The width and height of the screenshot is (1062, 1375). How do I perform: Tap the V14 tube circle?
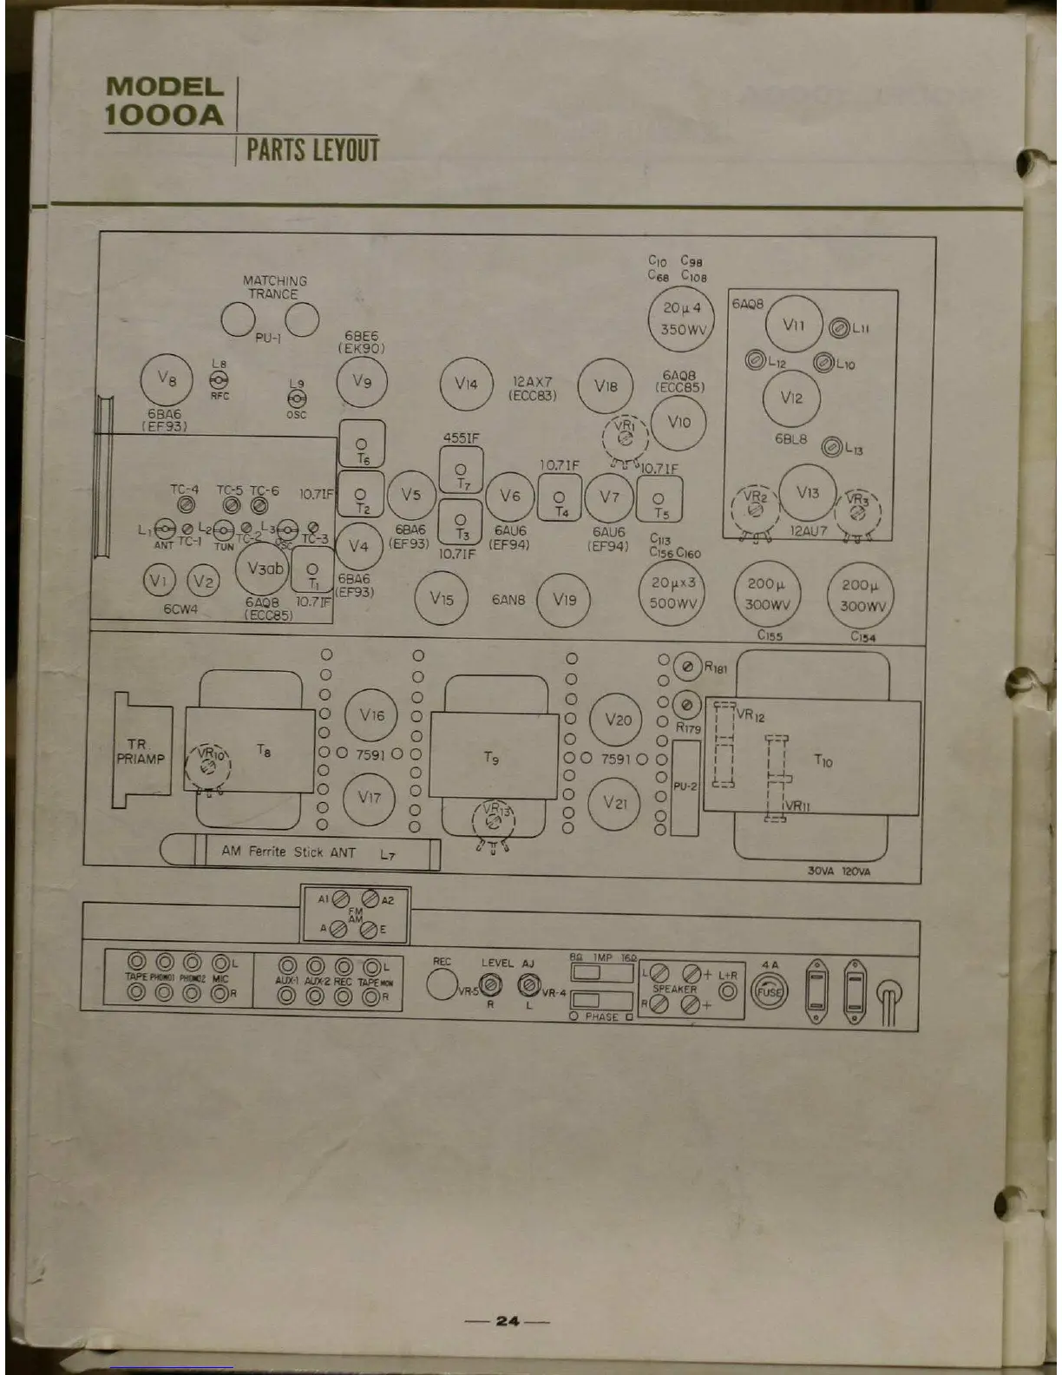click(466, 384)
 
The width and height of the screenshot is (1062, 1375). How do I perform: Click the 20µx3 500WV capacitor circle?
click(673, 593)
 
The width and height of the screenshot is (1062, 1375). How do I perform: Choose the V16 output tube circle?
click(371, 715)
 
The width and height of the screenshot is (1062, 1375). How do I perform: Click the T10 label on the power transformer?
click(823, 761)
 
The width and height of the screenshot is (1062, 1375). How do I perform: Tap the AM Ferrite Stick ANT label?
click(289, 852)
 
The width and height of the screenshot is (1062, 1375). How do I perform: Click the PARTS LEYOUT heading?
click(312, 149)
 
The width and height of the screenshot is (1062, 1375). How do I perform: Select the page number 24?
click(507, 1321)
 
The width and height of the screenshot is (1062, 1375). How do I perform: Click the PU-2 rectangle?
click(685, 786)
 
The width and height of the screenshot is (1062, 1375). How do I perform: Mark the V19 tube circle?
click(564, 599)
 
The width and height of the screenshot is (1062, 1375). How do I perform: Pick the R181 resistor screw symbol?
click(687, 668)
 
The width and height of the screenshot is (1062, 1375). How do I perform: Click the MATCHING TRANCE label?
click(274, 287)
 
